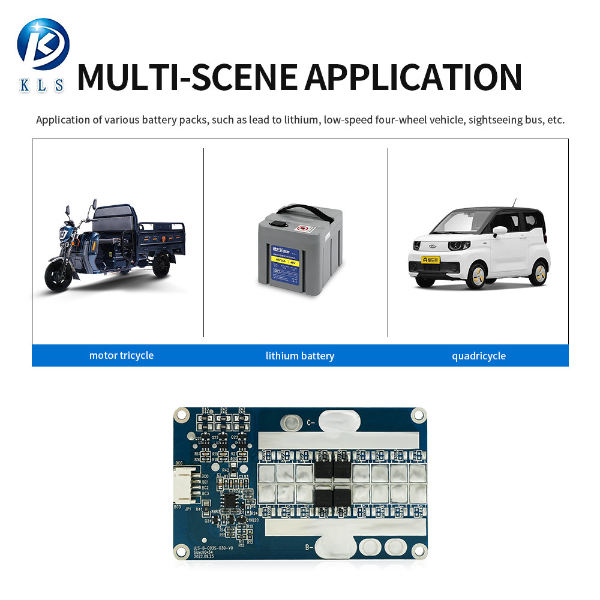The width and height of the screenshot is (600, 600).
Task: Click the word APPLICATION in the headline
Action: click(x=413, y=76)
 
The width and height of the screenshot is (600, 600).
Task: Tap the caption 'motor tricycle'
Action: click(x=121, y=355)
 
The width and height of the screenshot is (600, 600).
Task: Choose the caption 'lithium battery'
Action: click(x=300, y=356)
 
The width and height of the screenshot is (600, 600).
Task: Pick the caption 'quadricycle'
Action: click(x=479, y=356)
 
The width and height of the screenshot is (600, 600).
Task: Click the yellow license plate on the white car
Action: click(x=430, y=260)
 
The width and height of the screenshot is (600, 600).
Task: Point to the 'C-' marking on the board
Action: click(x=311, y=422)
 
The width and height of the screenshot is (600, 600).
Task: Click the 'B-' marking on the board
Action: click(x=310, y=547)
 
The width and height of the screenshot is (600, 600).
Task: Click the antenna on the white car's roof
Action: click(x=514, y=202)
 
